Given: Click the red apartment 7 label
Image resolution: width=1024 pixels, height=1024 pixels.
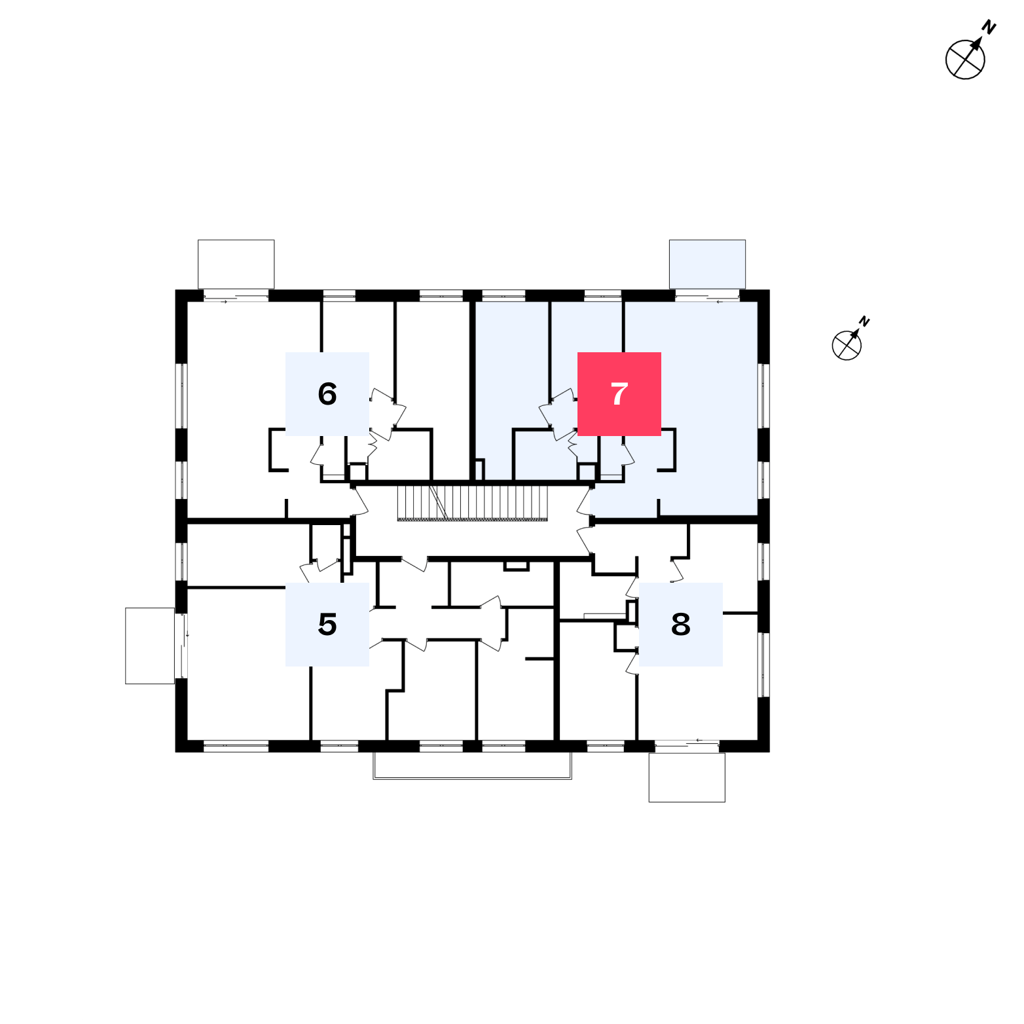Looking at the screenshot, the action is (x=619, y=394).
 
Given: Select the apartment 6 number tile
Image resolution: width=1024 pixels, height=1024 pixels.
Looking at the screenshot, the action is (x=327, y=394).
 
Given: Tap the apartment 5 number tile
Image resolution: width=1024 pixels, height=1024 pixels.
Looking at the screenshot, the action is (x=327, y=625).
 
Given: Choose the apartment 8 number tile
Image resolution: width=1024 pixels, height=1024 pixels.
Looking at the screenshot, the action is (x=681, y=625).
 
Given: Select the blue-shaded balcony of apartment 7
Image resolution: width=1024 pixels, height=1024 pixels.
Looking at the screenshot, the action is (x=707, y=264).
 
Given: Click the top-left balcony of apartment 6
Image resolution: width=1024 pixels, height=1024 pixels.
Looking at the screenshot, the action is (x=236, y=264).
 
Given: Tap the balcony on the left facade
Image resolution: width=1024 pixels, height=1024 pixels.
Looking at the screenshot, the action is (x=150, y=646).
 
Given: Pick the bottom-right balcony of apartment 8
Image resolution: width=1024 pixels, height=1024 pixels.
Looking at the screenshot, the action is (x=687, y=777).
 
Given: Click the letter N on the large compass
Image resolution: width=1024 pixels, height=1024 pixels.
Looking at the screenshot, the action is (x=989, y=27).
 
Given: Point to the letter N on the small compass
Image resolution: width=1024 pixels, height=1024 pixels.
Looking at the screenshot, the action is (x=864, y=321).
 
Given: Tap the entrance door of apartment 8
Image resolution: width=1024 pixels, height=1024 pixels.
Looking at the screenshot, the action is (x=584, y=540).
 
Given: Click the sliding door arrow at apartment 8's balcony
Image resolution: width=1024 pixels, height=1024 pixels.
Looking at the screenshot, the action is (x=700, y=741).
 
